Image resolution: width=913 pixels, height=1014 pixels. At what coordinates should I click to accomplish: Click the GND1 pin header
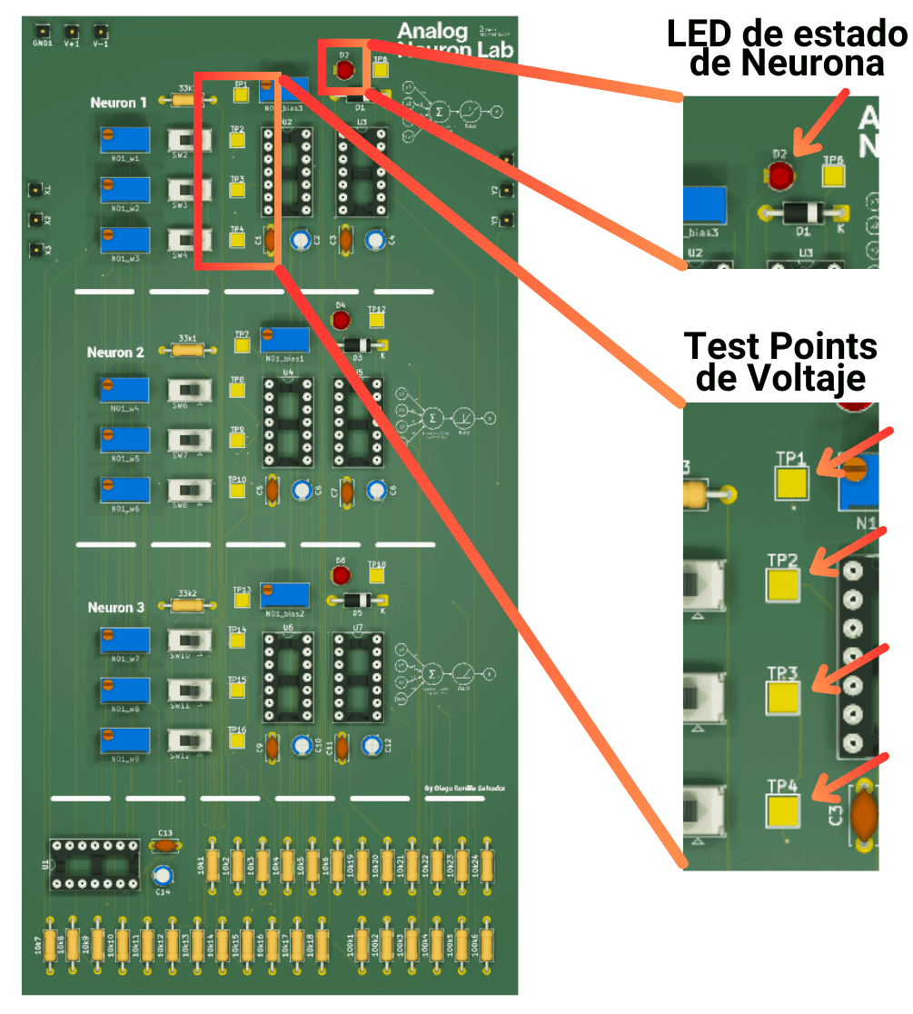42,29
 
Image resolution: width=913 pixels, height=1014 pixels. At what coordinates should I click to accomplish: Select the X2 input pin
35,220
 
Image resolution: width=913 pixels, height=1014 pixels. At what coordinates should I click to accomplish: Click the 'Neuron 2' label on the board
115,353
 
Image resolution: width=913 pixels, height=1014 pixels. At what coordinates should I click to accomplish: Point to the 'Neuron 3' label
116,607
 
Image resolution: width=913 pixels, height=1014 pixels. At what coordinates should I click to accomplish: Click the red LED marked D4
341,320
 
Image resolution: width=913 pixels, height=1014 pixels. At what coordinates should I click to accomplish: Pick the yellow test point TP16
237,740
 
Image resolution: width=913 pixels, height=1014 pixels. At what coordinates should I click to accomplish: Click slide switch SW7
191,440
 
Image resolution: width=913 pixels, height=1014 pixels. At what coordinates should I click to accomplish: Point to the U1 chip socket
94,863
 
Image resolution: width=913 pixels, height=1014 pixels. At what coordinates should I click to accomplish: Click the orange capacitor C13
164,845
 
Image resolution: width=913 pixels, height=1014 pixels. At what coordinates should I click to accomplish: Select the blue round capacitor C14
163,877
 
